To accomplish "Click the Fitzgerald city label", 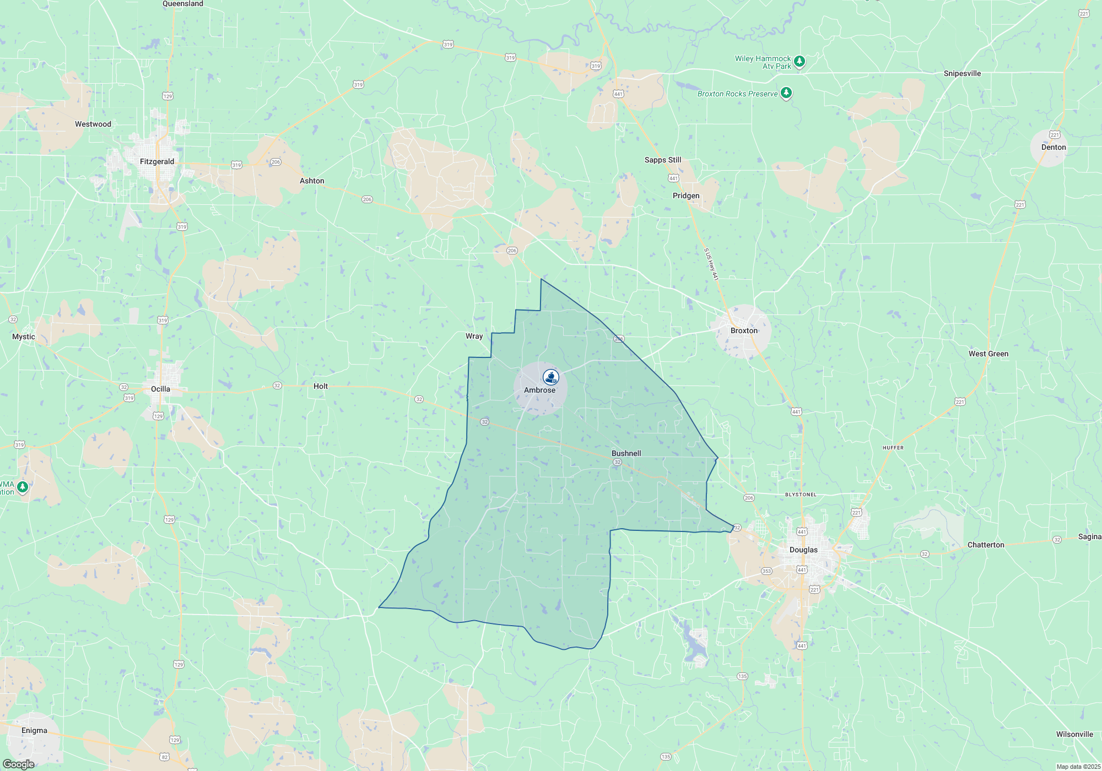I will pyautogui.click(x=157, y=161).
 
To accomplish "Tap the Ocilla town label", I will pyautogui.click(x=160, y=389).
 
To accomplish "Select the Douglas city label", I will pyautogui.click(x=803, y=550).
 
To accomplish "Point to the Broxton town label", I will pyautogui.click(x=744, y=330).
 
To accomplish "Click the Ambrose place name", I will pyautogui.click(x=539, y=390).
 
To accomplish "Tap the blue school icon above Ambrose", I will pyautogui.click(x=550, y=377).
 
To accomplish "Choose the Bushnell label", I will pyautogui.click(x=626, y=453).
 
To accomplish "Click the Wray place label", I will pyautogui.click(x=474, y=336).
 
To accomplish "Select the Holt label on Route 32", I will pyautogui.click(x=321, y=386).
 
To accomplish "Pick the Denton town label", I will pyautogui.click(x=1054, y=147).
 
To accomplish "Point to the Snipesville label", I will pyautogui.click(x=962, y=73).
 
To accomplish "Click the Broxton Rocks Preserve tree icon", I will pyautogui.click(x=786, y=93).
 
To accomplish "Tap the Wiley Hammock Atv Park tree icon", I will pyautogui.click(x=800, y=61).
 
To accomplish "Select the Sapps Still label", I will pyautogui.click(x=663, y=160).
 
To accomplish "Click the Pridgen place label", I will pyautogui.click(x=686, y=196).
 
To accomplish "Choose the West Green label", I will pyautogui.click(x=988, y=354).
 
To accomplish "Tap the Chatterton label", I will pyautogui.click(x=986, y=545).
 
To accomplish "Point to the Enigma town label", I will pyautogui.click(x=34, y=730).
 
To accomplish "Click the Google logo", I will pyautogui.click(x=19, y=764).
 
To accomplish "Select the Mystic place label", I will pyautogui.click(x=24, y=336).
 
